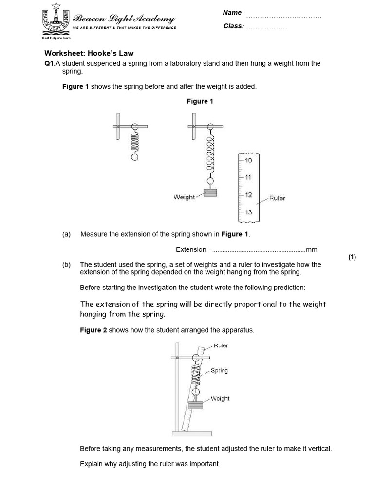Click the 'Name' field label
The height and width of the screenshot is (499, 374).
pos(232,13)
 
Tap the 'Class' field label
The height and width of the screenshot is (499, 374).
pos(233,26)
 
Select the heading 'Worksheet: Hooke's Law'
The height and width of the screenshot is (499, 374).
pos(89,53)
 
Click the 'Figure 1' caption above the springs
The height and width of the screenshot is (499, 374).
pos(200,101)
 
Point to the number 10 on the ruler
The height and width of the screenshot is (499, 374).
pos(248,160)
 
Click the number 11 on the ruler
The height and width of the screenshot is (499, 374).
pos(248,177)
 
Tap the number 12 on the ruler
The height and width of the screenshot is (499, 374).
pos(248,195)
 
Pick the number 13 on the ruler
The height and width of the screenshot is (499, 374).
pos(248,212)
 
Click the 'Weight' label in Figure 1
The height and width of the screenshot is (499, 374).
pos(184,197)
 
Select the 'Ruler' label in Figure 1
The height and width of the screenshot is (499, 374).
pos(277,198)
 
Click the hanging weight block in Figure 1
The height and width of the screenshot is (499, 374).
pos(210,192)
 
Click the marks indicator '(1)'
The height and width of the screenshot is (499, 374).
pos(352,257)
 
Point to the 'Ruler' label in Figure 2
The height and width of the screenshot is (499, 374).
pos(221,346)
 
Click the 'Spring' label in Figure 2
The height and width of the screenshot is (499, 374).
pos(219,371)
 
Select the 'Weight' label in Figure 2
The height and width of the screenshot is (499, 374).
pos(220,399)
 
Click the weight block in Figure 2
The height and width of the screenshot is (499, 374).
pos(196,404)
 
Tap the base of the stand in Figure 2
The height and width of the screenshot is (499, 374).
pos(191,434)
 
